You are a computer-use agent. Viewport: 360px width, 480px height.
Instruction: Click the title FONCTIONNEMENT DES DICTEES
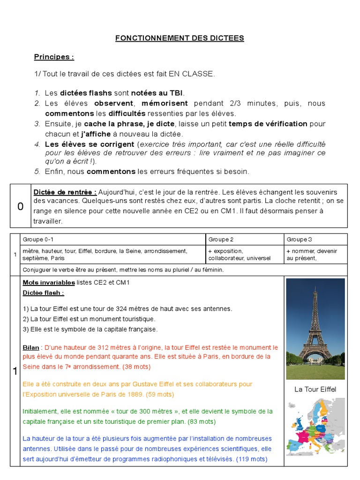point(180,38)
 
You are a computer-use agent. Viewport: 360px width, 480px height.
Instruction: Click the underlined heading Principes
point(54,57)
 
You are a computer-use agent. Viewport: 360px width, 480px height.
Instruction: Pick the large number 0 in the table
point(20,206)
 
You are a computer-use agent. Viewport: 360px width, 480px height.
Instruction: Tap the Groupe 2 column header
point(221,240)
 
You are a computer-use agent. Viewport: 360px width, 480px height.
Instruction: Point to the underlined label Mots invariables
point(49,283)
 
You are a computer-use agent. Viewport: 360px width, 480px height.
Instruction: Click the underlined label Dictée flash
point(43,293)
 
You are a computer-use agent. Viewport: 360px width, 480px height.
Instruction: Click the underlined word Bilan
point(31,348)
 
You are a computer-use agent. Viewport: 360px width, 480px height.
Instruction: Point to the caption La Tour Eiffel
point(315,390)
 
